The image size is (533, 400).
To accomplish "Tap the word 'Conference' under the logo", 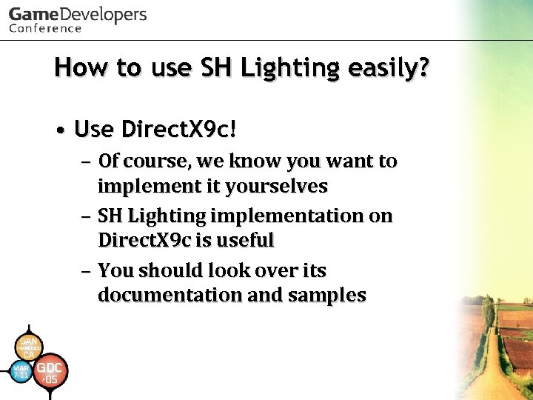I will point(45,29).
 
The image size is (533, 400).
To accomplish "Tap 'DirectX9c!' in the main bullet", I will point(179,130).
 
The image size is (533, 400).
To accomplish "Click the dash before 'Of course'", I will point(85,162).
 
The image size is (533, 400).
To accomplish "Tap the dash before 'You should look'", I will point(85,271).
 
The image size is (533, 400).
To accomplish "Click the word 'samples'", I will point(327,295).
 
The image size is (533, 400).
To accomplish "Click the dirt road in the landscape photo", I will point(489,370).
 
